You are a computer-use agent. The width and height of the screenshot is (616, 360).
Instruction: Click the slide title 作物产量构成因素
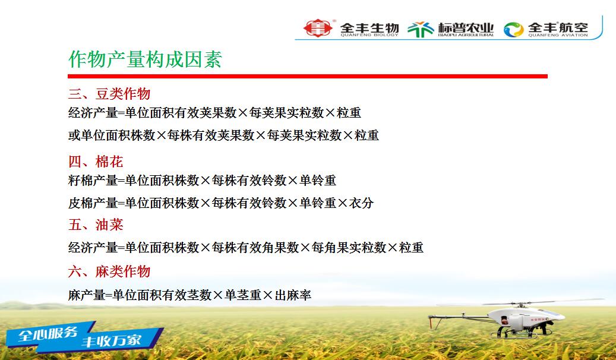click(146, 59)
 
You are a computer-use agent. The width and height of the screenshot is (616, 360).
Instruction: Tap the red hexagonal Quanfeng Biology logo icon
click(318, 29)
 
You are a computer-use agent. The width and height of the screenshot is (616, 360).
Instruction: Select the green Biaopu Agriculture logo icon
click(421, 29)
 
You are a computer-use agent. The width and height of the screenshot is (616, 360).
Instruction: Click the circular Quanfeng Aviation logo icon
click(513, 30)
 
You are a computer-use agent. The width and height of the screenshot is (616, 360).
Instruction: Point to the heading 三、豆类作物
click(109, 93)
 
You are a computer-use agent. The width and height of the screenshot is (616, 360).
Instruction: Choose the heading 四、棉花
click(96, 161)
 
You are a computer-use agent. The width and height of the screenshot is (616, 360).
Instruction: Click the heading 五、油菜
click(96, 225)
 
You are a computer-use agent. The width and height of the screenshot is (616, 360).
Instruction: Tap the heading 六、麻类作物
click(109, 271)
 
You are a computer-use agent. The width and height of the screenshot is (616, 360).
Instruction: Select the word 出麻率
click(293, 295)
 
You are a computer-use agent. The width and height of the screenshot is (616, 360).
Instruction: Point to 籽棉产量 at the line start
click(93, 181)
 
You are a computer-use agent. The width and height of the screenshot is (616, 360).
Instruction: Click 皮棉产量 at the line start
click(93, 203)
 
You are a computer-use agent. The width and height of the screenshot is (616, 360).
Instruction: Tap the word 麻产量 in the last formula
click(87, 295)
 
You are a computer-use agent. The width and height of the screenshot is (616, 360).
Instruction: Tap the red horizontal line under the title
click(308, 76)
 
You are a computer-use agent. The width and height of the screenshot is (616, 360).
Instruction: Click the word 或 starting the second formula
click(74, 135)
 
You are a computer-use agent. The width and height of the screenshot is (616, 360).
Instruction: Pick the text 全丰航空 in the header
click(558, 27)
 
